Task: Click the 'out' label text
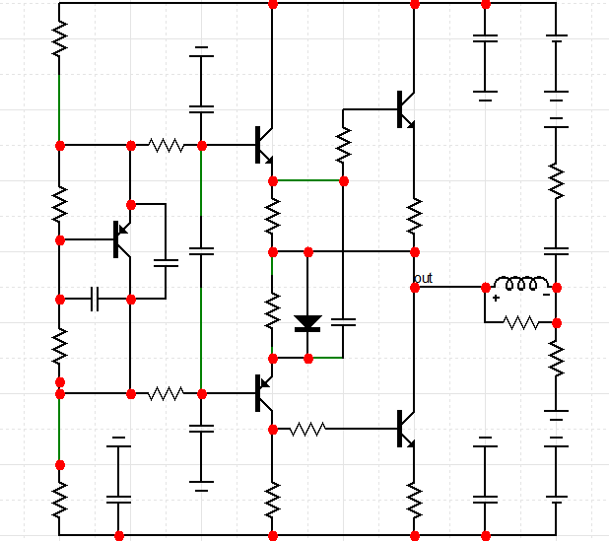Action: pyautogui.click(x=424, y=278)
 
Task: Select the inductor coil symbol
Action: pyautogui.click(x=521, y=285)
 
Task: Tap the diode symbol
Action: pyautogui.click(x=308, y=322)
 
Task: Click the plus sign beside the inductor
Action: pyautogui.click(x=496, y=297)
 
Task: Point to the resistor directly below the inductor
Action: pyautogui.click(x=521, y=322)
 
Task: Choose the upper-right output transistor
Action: pyautogui.click(x=406, y=109)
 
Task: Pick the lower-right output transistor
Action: pyautogui.click(x=406, y=429)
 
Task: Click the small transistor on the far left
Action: pyautogui.click(x=121, y=239)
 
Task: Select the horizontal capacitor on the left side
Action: pyautogui.click(x=95, y=299)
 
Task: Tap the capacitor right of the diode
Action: pyautogui.click(x=344, y=322)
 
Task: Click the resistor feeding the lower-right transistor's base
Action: pyautogui.click(x=308, y=429)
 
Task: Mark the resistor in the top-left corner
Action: pyautogui.click(x=60, y=39)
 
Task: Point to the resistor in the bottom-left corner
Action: pyautogui.click(x=60, y=499)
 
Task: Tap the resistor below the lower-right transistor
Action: pyautogui.click(x=415, y=499)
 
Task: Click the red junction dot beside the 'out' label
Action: pyautogui.click(x=415, y=288)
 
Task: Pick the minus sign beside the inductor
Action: pyautogui.click(x=546, y=296)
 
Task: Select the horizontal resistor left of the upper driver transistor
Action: pyautogui.click(x=166, y=146)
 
